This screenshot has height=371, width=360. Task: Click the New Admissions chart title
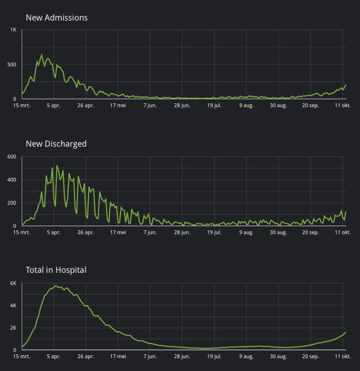point(57,18)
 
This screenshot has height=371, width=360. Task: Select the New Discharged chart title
point(56,144)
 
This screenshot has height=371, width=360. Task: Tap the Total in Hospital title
point(56,270)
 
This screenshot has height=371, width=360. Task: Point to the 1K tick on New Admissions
point(13,30)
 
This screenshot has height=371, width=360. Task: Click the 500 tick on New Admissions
point(11,64)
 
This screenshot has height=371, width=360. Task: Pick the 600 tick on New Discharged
point(11,157)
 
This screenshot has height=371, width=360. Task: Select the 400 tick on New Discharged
point(11,180)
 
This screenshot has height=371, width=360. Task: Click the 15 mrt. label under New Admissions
point(21,106)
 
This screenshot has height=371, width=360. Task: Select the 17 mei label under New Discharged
point(118,233)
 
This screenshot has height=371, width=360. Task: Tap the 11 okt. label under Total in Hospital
point(342,357)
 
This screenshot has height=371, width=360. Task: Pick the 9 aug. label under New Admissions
point(246,106)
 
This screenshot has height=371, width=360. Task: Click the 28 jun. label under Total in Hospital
point(182,357)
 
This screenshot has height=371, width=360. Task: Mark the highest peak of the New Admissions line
point(42,55)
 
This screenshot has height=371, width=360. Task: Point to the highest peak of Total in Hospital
point(55,286)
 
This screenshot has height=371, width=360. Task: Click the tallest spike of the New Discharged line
point(57,166)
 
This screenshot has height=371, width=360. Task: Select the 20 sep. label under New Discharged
point(310,233)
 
